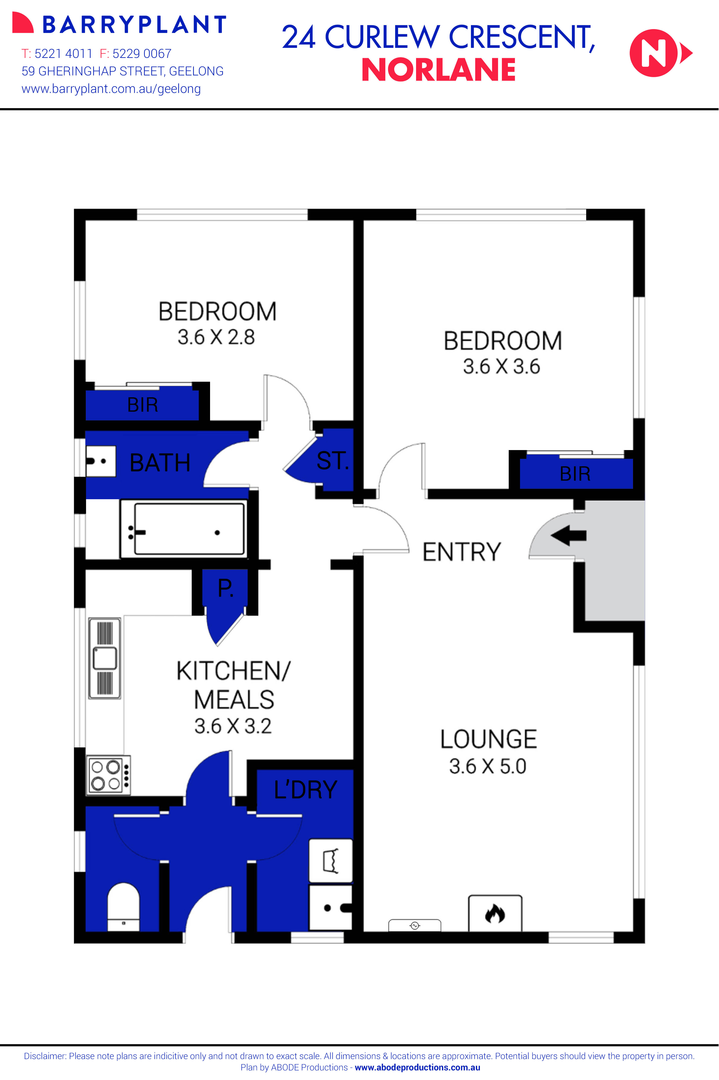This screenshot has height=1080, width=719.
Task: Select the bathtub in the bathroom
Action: tap(183, 529)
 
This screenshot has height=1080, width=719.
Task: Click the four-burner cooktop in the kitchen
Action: tap(109, 775)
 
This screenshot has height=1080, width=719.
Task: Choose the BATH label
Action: tap(160, 462)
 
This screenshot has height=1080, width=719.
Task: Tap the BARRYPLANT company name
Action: tap(134, 25)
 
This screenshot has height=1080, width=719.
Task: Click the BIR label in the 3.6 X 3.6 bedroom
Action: tap(575, 474)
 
